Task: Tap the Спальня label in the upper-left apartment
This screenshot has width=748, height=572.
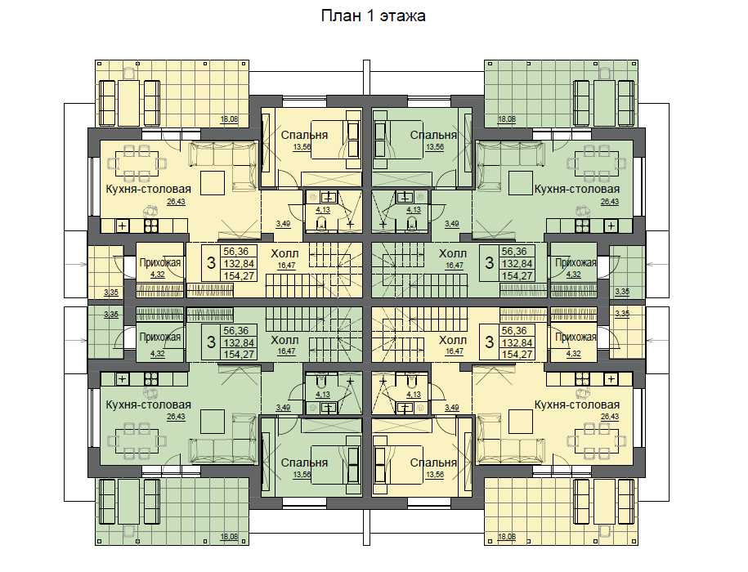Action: click(x=304, y=135)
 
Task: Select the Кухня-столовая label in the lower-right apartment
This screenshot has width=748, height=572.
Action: click(x=577, y=404)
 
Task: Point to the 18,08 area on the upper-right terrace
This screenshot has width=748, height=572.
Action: click(x=507, y=119)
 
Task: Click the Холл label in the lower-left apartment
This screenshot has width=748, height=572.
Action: click(x=284, y=340)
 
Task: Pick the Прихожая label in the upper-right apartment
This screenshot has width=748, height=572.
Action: click(x=576, y=262)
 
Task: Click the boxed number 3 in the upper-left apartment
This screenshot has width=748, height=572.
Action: click(x=211, y=262)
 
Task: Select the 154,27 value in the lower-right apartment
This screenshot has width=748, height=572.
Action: click(x=517, y=354)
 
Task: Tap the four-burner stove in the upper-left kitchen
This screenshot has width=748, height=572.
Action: click(x=150, y=226)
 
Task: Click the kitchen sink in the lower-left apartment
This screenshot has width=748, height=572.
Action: click(x=123, y=379)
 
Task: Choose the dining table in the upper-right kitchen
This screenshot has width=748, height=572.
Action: click(x=597, y=164)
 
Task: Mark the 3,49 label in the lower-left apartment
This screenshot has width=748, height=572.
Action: click(x=283, y=408)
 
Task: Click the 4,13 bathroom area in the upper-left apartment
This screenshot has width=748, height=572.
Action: click(x=323, y=210)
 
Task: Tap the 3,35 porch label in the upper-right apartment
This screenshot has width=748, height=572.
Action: click(x=622, y=292)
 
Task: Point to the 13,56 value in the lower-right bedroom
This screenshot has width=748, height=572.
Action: click(x=435, y=475)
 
